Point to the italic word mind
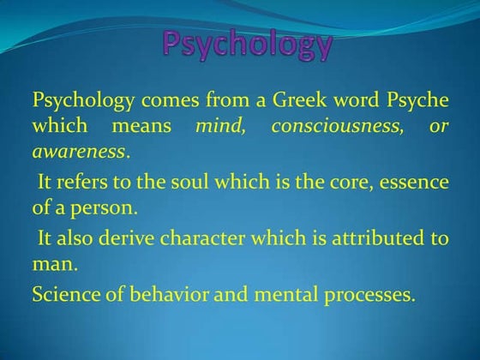pyautogui.click(x=220, y=126)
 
